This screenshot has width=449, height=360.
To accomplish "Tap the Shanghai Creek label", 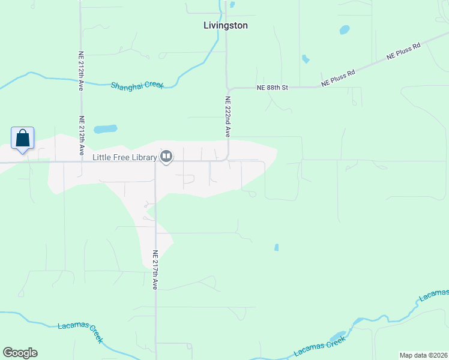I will point(137,85).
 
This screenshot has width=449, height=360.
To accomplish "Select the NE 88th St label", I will point(273,88).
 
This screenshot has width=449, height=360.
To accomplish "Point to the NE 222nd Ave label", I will point(228,117).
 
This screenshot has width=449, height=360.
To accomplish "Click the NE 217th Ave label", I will point(155,270).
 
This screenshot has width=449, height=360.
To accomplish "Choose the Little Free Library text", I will point(125,157).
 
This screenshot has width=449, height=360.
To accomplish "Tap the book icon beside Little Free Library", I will point(166,157).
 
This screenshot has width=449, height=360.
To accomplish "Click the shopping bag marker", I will point(22,139).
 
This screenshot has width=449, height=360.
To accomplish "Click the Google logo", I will point(20,353).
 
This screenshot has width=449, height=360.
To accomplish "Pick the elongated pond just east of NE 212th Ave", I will point(105,129).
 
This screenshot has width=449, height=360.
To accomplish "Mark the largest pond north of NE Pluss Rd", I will point(344,29).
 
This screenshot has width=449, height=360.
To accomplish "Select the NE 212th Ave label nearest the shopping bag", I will point(80,136).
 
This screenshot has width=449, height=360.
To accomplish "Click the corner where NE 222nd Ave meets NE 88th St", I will point(228,88).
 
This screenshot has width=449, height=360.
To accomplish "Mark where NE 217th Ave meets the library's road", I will point(155,161).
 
